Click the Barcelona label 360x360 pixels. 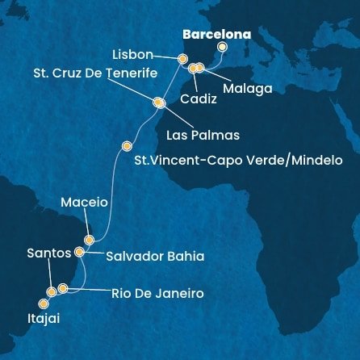pos(216,35)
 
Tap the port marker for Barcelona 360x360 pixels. pos(222,47)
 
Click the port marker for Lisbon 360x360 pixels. pos(182,59)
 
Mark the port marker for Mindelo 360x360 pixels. pos(126,146)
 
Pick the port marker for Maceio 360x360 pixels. pos(90,240)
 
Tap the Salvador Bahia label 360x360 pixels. pos(154,256)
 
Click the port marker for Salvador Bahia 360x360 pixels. pos(79,252)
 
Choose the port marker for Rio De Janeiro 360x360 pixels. pos(63,288)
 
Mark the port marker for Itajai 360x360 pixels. pos(44,303)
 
